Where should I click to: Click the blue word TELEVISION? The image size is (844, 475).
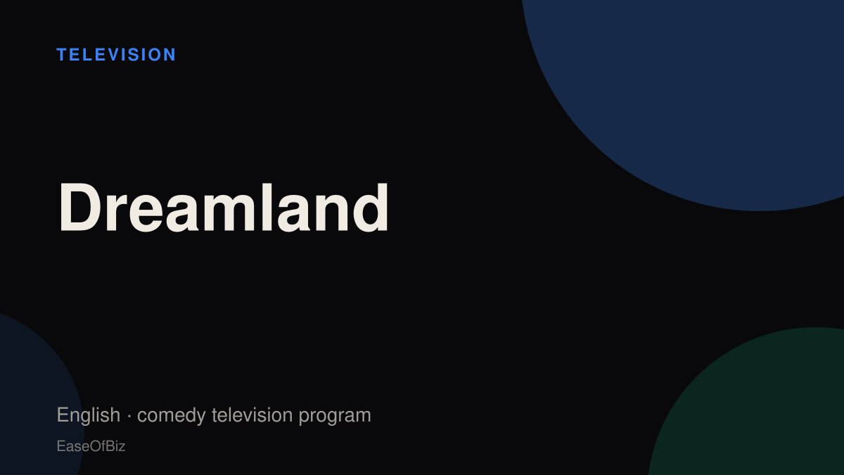point(116,55)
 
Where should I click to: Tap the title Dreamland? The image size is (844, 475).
point(223,208)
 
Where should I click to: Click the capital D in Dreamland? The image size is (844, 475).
point(79,208)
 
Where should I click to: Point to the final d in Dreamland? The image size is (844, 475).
point(370,208)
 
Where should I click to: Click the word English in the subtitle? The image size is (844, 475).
point(89,415)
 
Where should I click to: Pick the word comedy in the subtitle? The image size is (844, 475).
point(172,415)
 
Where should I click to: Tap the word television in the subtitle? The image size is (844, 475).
point(252,414)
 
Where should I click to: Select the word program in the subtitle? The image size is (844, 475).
point(335,417)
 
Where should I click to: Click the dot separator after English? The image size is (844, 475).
point(129,416)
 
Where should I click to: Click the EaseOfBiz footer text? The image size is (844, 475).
point(91,446)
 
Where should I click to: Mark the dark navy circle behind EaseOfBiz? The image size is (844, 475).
point(34,400)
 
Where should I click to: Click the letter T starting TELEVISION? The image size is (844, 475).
point(62,55)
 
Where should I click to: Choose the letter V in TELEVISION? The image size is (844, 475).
point(114,55)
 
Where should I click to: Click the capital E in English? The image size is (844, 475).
point(62,414)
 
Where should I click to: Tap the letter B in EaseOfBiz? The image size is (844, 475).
point(109,446)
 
